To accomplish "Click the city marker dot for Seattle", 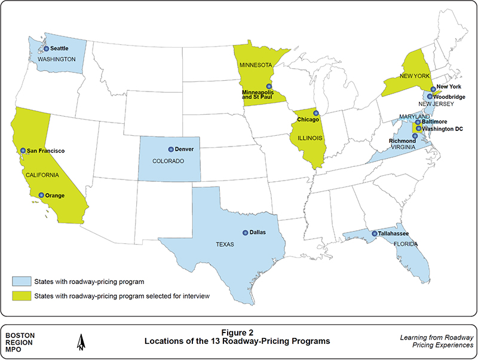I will (x=47, y=48).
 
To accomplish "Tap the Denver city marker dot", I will (x=171, y=149).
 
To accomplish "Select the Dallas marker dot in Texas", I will (x=245, y=233).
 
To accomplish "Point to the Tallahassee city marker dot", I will (x=375, y=234).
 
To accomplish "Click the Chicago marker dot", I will (x=317, y=113).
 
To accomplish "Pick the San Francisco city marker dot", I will (x=23, y=151).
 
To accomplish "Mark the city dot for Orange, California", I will (x=41, y=195).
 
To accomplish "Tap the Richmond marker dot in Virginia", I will (x=415, y=136).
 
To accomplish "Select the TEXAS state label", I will (x=223, y=245).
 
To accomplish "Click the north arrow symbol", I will (x=79, y=342).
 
